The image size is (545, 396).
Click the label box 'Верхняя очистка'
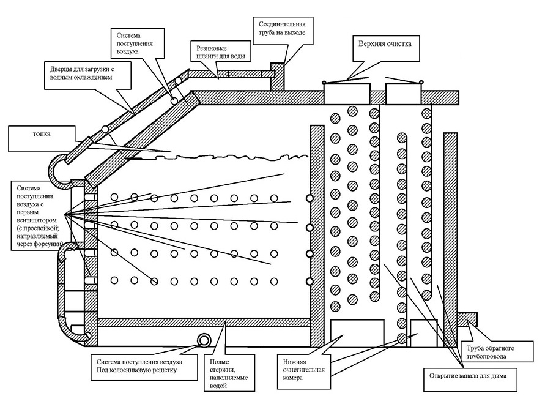384,44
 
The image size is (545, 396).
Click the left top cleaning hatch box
346,94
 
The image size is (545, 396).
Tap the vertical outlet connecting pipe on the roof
277,77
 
